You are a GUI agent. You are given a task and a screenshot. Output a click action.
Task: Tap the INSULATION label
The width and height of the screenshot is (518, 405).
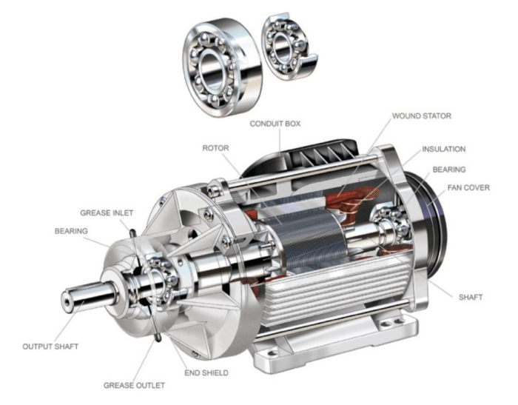443,149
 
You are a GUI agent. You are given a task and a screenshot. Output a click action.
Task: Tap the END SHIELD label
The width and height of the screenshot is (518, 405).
207,372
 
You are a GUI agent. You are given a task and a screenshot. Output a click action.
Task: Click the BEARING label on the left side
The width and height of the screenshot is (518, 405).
71,231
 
